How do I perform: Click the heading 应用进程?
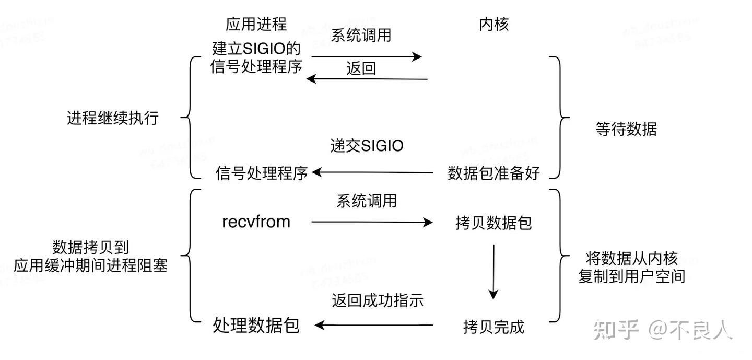click(256, 24)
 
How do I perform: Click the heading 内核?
click(494, 24)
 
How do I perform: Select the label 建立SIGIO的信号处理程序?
click(256, 58)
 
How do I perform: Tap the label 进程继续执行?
click(113, 118)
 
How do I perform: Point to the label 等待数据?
click(626, 129)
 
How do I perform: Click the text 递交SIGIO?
click(367, 145)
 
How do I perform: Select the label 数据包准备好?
click(494, 173)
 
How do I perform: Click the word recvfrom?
click(256, 222)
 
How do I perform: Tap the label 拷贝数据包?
click(494, 223)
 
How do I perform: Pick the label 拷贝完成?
click(494, 327)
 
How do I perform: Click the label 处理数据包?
click(256, 325)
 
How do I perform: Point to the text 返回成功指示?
click(378, 300)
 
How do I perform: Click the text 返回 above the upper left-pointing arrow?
click(361, 68)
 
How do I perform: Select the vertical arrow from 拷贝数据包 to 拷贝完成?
click(493, 271)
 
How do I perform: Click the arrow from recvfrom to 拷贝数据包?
click(372, 223)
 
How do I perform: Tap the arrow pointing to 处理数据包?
click(374, 325)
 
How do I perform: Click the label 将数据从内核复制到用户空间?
click(631, 267)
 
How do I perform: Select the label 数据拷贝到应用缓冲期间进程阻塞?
click(91, 256)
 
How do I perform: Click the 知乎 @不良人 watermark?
click(663, 329)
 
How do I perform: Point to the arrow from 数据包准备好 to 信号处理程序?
click(372, 172)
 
